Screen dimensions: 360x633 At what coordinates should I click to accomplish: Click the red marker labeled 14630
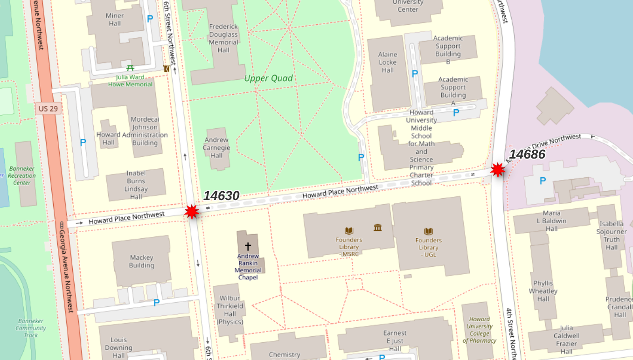coord(192,212)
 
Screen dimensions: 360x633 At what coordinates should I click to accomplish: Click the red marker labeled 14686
coord(498,170)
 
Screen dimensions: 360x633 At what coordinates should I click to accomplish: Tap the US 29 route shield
coord(48,109)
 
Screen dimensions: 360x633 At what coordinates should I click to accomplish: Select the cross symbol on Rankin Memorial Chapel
coord(248,246)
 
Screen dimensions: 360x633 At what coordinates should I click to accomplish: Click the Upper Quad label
coord(268,78)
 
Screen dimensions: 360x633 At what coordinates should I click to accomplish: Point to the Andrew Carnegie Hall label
coord(216,147)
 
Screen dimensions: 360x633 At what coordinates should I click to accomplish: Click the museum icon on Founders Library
coord(378,228)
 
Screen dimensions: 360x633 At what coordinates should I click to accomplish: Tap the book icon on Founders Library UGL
coord(428,231)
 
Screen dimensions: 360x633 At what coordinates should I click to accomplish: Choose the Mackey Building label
coord(141,261)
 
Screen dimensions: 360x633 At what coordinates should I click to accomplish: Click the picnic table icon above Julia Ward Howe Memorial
coord(131,68)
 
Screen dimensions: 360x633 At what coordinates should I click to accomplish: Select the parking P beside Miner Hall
coord(150,19)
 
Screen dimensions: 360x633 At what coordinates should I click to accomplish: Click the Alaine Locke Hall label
coord(388,62)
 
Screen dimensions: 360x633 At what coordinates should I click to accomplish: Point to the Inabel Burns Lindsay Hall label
coord(136,185)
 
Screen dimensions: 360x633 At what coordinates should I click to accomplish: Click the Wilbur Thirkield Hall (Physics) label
coord(230,310)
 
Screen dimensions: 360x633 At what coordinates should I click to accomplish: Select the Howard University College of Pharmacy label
coord(480,330)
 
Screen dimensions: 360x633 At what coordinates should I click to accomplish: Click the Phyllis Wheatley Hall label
coord(543,291)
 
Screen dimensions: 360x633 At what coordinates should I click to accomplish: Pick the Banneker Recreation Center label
coord(22,175)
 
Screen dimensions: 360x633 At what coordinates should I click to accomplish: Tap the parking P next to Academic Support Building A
coord(456,112)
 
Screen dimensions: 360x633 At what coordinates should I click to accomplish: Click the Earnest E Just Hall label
coord(395,341)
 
